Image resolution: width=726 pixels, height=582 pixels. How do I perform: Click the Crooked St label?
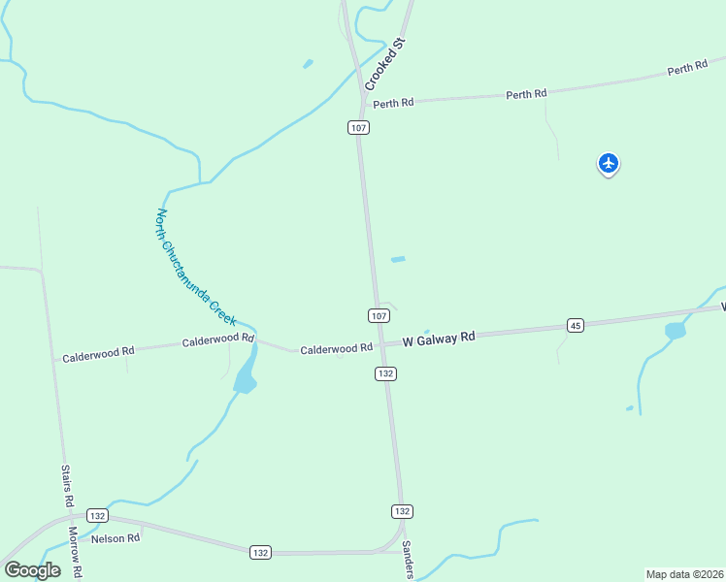pyautogui.click(x=383, y=64)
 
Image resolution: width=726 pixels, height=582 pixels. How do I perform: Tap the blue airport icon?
pyautogui.click(x=609, y=163)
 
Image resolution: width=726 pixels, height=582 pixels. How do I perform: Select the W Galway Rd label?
pyautogui.click(x=439, y=338)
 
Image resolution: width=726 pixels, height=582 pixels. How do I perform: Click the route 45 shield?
pyautogui.click(x=576, y=325)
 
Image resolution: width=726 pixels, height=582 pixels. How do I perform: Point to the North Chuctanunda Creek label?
pyautogui.click(x=196, y=267)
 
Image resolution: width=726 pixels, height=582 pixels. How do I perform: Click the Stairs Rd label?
pyautogui.click(x=67, y=486)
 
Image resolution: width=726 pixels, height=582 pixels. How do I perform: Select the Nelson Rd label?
pyautogui.click(x=115, y=537)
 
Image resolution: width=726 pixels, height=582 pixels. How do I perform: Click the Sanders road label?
pyautogui.click(x=409, y=560)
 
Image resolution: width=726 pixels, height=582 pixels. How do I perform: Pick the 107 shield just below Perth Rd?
pyautogui.click(x=359, y=128)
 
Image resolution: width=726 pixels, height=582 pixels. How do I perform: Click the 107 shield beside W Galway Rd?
pyautogui.click(x=379, y=315)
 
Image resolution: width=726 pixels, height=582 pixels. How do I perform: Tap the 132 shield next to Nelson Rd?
pyautogui.click(x=96, y=515)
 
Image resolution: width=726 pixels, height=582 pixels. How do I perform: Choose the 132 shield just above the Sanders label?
pyautogui.click(x=402, y=511)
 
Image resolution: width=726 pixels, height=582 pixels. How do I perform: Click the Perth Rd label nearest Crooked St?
pyautogui.click(x=393, y=103)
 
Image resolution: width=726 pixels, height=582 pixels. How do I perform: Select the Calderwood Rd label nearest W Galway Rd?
pyautogui.click(x=336, y=348)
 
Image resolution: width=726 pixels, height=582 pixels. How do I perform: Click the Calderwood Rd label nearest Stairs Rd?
pyautogui.click(x=98, y=354)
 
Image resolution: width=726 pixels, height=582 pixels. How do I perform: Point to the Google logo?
pyautogui.click(x=32, y=569)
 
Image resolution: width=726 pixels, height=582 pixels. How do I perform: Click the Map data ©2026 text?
pyautogui.click(x=684, y=574)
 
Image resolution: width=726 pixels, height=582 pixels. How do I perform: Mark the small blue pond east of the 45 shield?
pyautogui.click(x=675, y=331)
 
